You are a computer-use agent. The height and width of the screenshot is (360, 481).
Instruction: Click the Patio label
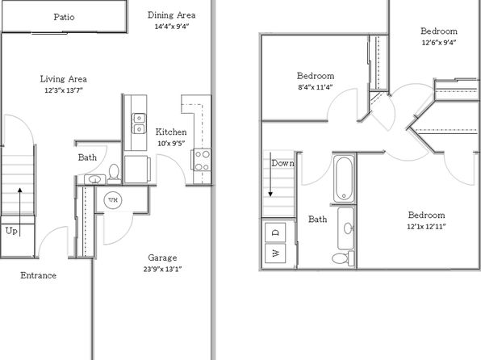(64, 17)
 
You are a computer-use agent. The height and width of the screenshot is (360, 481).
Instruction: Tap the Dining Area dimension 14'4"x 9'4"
(171, 27)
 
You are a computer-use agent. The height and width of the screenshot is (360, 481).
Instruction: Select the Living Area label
(64, 79)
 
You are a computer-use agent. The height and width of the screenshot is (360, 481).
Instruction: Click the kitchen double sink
(139, 123)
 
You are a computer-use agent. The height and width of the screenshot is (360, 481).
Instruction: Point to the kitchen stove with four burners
(202, 160)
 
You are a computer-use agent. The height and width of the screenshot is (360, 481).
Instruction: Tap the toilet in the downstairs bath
(114, 174)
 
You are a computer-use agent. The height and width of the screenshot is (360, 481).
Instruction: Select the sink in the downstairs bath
(94, 179)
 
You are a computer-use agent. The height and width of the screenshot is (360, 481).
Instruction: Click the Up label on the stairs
(11, 231)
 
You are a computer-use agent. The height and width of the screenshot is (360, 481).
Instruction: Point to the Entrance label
(39, 275)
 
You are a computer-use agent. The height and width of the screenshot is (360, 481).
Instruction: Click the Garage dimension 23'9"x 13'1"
(162, 269)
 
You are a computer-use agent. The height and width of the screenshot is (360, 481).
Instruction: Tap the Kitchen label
(171, 132)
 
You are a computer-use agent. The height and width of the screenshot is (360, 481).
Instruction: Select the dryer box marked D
(275, 232)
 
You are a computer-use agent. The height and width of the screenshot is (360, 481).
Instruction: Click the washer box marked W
(275, 253)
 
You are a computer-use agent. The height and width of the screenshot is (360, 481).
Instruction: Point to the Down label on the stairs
(282, 163)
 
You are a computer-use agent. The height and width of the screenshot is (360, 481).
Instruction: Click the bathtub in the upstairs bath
(344, 179)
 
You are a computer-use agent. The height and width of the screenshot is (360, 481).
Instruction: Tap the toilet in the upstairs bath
(343, 257)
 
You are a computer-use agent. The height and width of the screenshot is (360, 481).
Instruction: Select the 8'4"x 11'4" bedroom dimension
(315, 87)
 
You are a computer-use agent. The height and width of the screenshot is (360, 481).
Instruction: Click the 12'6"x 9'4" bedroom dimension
(439, 42)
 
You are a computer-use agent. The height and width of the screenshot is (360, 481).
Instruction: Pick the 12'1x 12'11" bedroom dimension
(426, 227)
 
